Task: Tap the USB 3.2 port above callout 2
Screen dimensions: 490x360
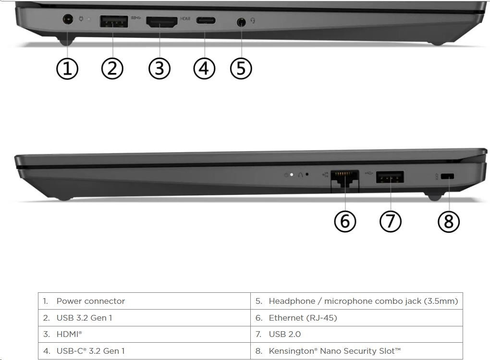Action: pyautogui.click(x=114, y=21)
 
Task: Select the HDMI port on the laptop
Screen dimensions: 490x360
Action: pyautogui.click(x=162, y=22)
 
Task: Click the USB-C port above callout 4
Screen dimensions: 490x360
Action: pyautogui.click(x=206, y=21)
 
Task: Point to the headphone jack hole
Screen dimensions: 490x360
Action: pyautogui.click(x=241, y=22)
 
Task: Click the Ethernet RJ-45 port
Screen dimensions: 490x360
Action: pyautogui.click(x=345, y=179)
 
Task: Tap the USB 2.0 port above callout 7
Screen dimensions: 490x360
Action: pyautogui.click(x=390, y=177)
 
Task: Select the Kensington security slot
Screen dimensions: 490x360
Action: pyautogui.click(x=447, y=177)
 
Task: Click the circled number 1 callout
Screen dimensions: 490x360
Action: pyautogui.click(x=67, y=69)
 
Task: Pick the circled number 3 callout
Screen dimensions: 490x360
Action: pyautogui.click(x=159, y=69)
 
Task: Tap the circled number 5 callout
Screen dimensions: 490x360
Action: pyautogui.click(x=241, y=69)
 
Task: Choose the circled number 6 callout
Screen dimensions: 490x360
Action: pyautogui.click(x=345, y=221)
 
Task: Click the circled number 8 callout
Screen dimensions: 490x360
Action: pyautogui.click(x=449, y=221)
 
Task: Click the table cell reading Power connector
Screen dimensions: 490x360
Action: pyautogui.click(x=144, y=301)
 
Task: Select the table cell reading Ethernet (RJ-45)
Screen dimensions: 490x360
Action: pyautogui.click(x=356, y=318)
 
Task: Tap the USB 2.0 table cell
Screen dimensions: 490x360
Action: pyautogui.click(x=356, y=335)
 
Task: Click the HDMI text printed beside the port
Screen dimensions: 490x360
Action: pyautogui.click(x=185, y=19)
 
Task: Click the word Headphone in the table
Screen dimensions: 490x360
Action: pyautogui.click(x=292, y=301)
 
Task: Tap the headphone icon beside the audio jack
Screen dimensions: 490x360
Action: pyautogui.click(x=253, y=21)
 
